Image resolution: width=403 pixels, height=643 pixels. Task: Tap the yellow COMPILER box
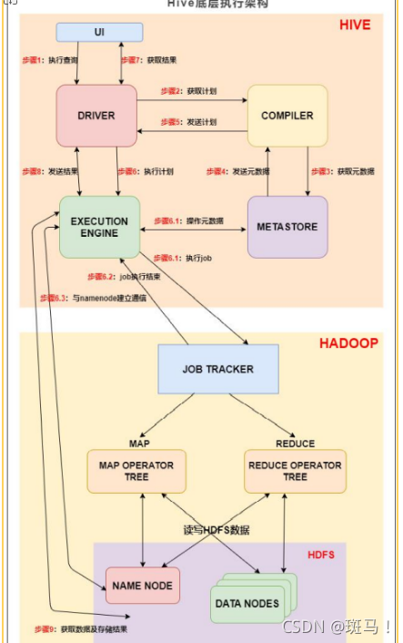287,116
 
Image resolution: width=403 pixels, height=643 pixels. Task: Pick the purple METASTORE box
287,226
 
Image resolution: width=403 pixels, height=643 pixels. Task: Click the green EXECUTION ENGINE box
99,227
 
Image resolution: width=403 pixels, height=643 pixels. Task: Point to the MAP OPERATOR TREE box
136,471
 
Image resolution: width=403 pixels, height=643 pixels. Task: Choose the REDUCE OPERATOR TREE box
294,471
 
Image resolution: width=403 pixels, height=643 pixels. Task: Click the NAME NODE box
143,585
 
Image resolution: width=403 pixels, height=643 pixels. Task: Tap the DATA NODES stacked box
247,601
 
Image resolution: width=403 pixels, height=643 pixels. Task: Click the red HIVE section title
354,25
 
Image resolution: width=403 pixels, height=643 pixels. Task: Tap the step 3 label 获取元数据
337,170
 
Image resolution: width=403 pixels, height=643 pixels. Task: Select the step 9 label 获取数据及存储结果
82,628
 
